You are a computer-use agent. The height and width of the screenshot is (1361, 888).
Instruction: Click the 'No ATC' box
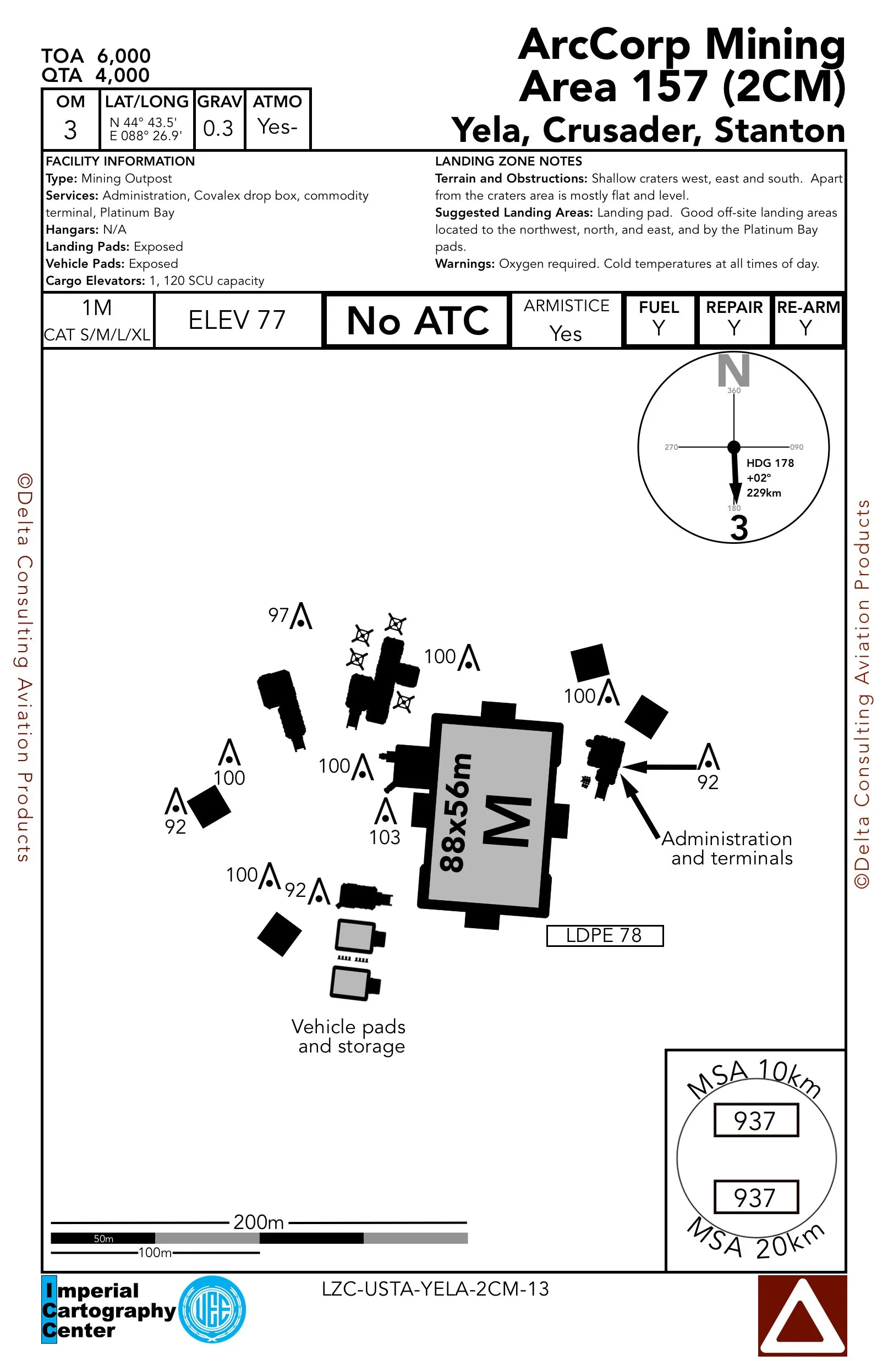[417, 320]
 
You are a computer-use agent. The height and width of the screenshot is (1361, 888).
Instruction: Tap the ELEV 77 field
[237, 319]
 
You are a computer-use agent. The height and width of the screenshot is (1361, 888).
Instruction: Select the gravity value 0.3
[218, 128]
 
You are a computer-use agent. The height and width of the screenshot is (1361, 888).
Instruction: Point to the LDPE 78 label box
[604, 935]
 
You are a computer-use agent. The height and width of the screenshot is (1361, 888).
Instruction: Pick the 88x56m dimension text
[456, 812]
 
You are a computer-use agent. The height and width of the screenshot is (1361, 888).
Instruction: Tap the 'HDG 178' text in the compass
[770, 463]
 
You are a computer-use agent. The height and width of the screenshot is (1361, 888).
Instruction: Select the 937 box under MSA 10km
[755, 1120]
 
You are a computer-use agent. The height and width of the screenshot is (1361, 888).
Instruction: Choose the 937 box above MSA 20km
[755, 1197]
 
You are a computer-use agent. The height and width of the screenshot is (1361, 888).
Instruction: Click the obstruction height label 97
[278, 615]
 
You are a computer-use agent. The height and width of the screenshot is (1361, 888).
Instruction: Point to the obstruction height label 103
[385, 837]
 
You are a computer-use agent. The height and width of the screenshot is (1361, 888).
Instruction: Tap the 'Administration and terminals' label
[728, 848]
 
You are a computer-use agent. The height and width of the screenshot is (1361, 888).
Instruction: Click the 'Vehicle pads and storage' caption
[349, 1036]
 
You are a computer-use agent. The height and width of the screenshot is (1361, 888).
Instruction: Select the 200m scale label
[259, 1222]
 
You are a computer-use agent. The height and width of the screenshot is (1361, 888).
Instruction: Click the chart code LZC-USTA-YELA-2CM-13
[435, 1289]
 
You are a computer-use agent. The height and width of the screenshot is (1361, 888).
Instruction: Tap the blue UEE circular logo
[212, 1309]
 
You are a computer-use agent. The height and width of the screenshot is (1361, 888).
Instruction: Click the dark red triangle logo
[802, 1315]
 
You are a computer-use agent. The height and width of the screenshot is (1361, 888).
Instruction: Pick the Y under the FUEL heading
[659, 328]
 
